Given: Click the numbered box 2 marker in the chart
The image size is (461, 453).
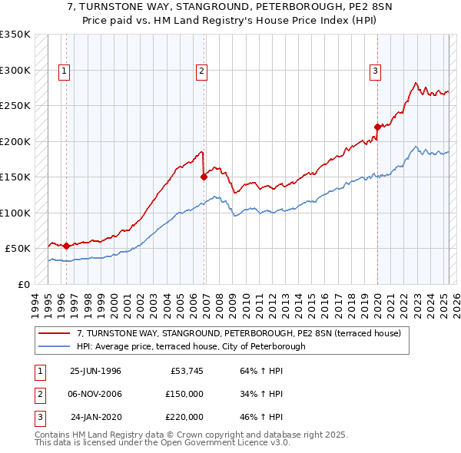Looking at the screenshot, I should pos(201,71).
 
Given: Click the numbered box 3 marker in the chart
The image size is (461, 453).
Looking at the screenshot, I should pos(376,71).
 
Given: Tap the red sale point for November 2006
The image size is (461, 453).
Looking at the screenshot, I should pos(204,177).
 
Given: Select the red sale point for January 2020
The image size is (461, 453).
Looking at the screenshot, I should pos(377,127).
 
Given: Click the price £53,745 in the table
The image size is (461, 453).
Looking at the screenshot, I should pos(185,371).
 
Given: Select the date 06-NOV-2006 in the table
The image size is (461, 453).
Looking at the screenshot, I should pos(95,394).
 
